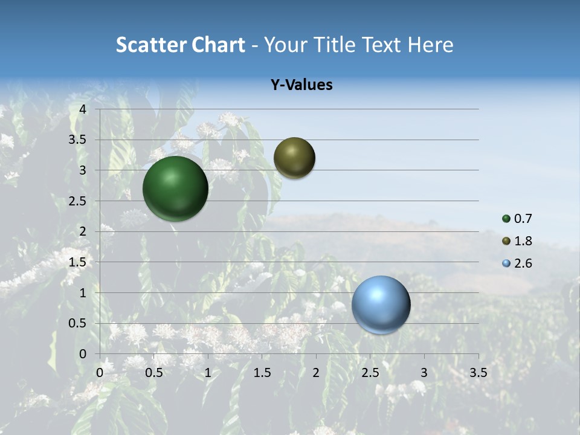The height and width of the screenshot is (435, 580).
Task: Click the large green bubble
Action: pyautogui.click(x=175, y=188)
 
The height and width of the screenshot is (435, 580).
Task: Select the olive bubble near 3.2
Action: pyautogui.click(x=294, y=158)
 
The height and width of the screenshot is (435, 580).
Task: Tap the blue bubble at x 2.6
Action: pyautogui.click(x=381, y=304)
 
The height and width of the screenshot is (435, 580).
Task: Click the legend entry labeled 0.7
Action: pyautogui.click(x=523, y=219)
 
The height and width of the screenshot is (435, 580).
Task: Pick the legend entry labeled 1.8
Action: pyautogui.click(x=523, y=241)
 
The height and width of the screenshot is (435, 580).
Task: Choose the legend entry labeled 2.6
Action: pyautogui.click(x=523, y=263)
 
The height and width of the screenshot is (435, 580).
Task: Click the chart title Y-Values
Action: pyautogui.click(x=301, y=85)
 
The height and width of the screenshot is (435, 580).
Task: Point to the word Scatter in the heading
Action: pyautogui.click(x=151, y=45)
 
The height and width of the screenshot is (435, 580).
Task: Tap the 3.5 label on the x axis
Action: pyautogui.click(x=478, y=373)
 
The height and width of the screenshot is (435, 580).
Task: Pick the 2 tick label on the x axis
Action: pyautogui.click(x=316, y=373)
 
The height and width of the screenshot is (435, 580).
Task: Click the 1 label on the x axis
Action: pyautogui.click(x=208, y=373)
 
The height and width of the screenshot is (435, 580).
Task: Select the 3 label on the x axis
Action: pyautogui.click(x=424, y=373)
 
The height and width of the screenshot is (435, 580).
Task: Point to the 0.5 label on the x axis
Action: pyautogui.click(x=154, y=373)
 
